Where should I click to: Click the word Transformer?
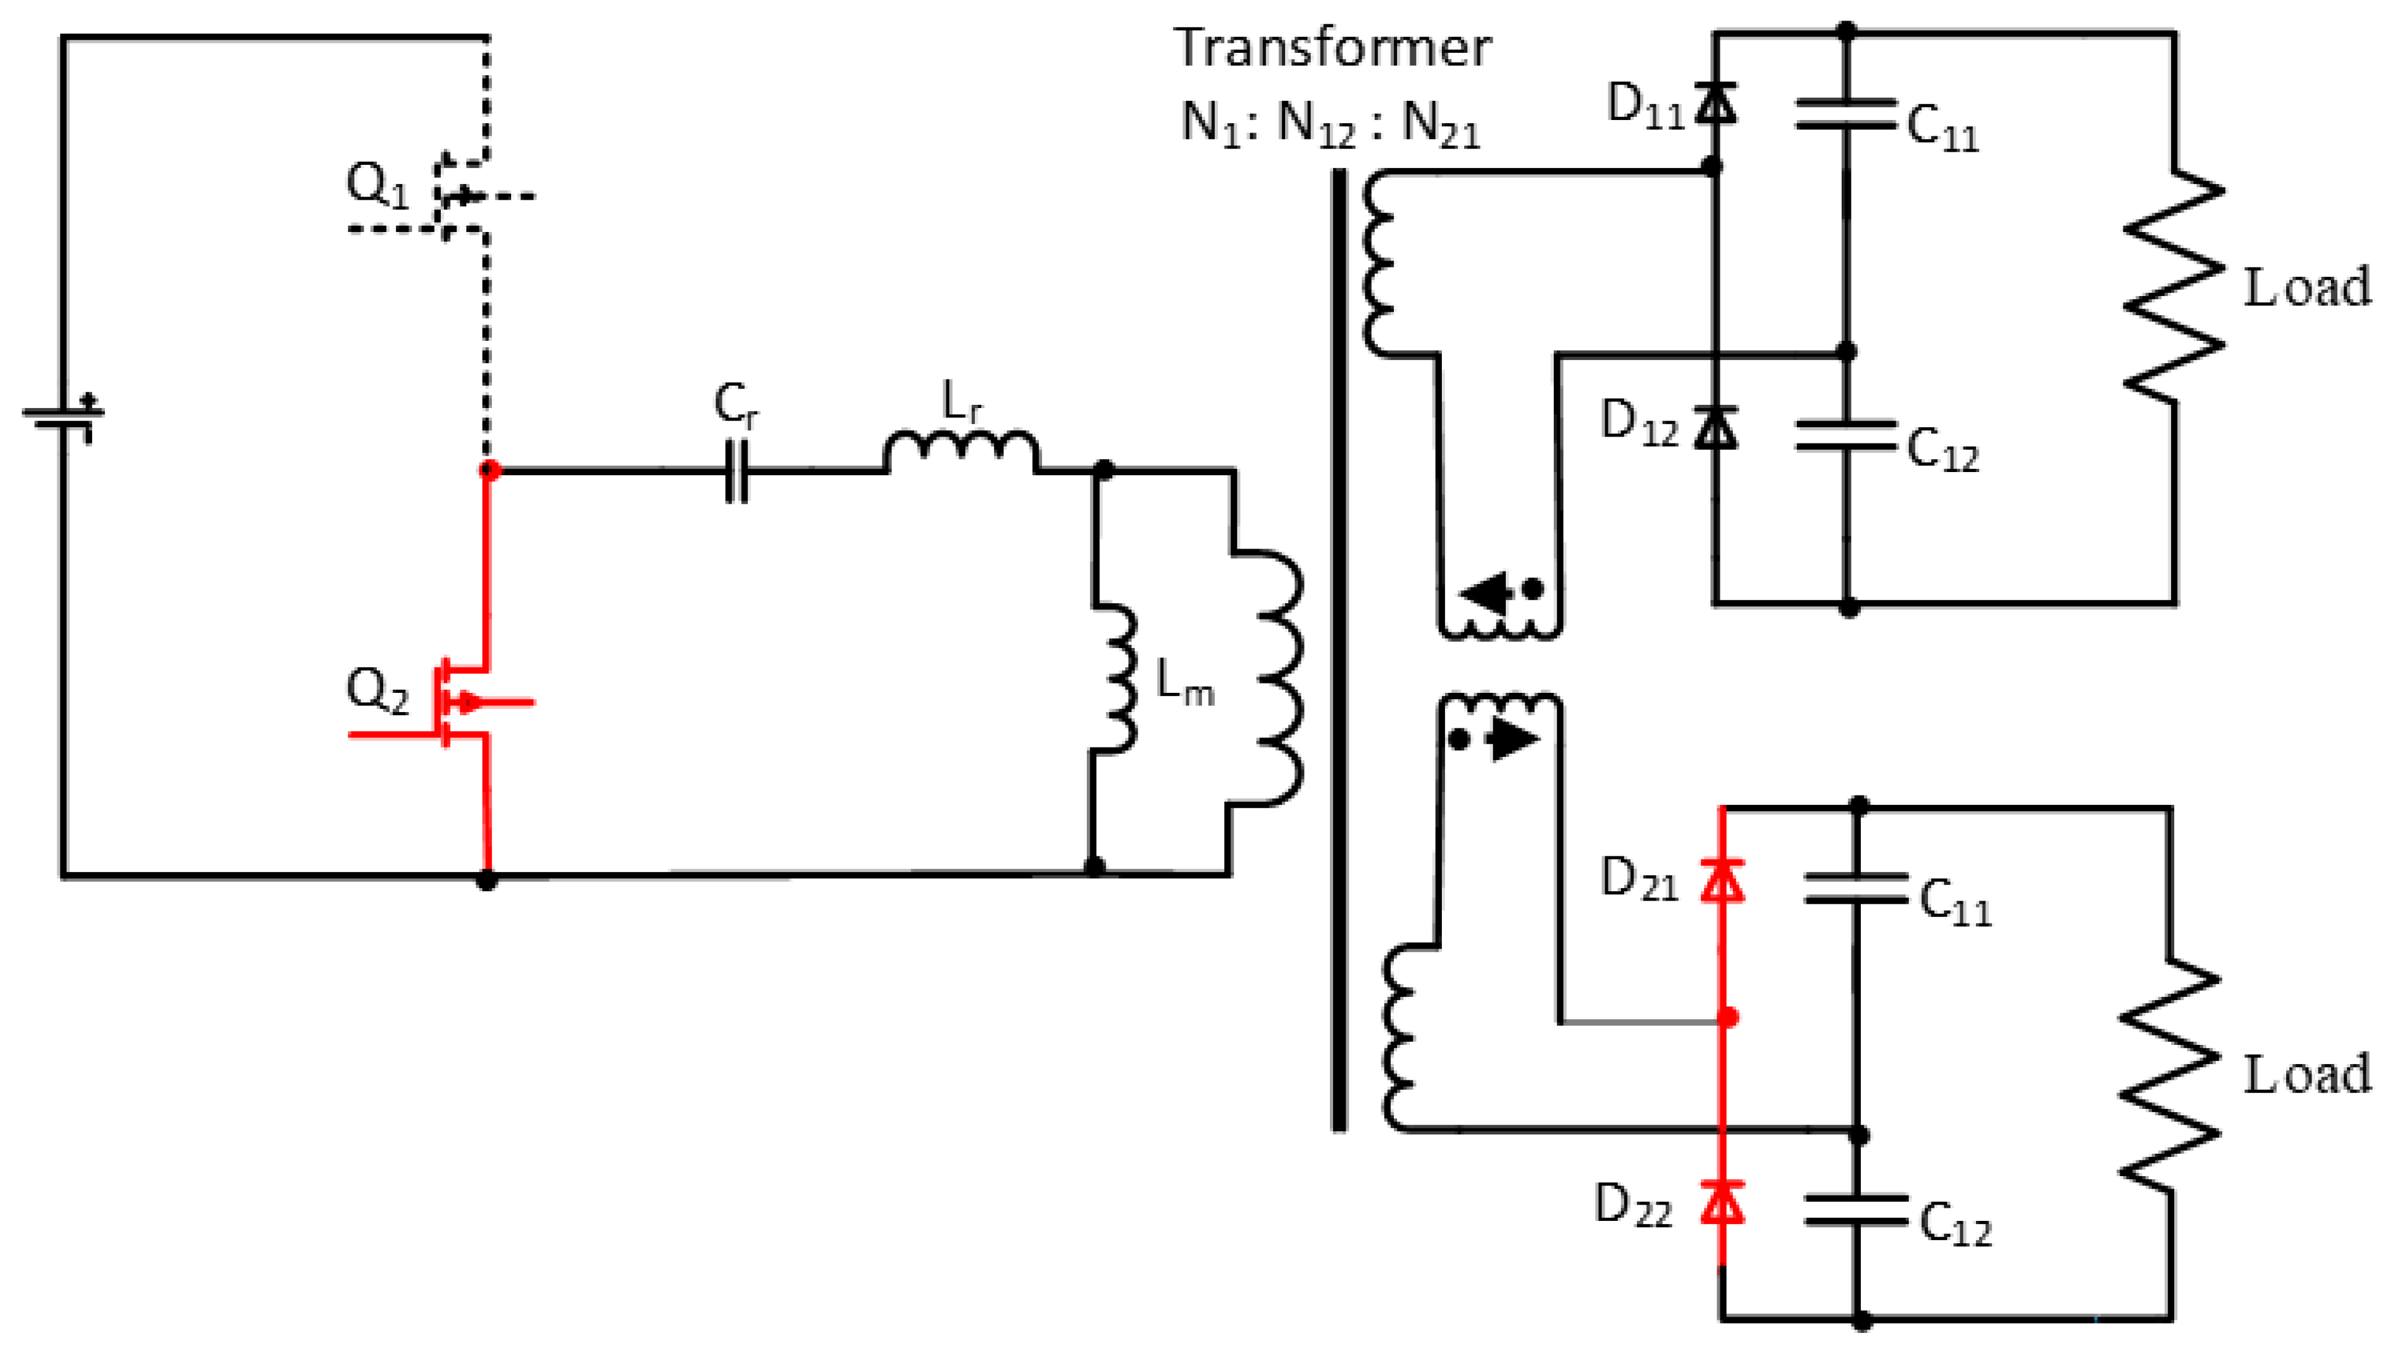click(x=1332, y=49)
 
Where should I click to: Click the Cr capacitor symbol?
click(x=736, y=471)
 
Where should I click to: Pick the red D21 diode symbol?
click(x=1722, y=879)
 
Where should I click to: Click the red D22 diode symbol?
click(x=1722, y=1202)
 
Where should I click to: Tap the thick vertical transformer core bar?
click(x=1339, y=649)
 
